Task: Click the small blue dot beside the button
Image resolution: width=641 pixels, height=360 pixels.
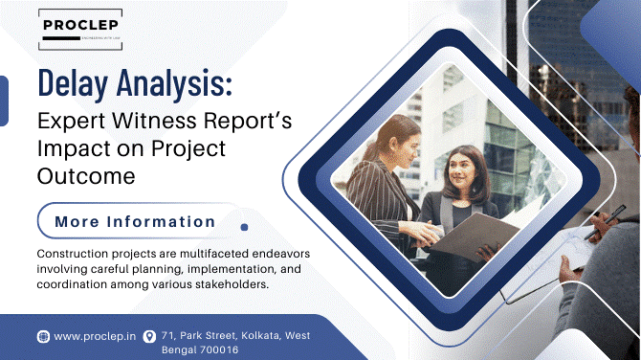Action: (x=244, y=227)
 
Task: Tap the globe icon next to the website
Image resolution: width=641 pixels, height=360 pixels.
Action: (x=43, y=336)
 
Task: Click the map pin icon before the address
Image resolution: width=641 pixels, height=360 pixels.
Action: (x=149, y=336)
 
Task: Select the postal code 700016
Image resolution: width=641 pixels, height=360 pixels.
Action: (x=215, y=350)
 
